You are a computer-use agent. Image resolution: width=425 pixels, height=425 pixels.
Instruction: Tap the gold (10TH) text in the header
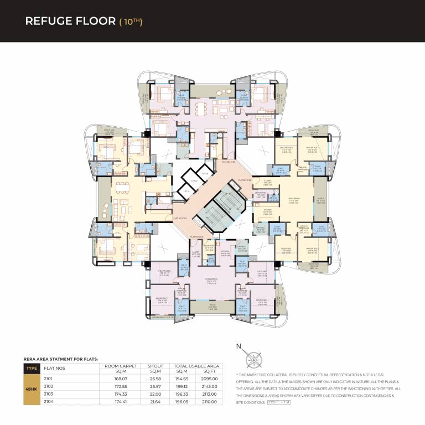coord(131,22)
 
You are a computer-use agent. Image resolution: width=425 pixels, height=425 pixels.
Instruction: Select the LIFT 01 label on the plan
coord(186,191)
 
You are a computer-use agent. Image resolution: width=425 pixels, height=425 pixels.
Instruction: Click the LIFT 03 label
coord(204,174)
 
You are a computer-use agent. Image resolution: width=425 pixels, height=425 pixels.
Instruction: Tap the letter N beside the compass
coord(239,348)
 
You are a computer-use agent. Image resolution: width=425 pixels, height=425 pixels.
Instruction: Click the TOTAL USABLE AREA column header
coord(196,366)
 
